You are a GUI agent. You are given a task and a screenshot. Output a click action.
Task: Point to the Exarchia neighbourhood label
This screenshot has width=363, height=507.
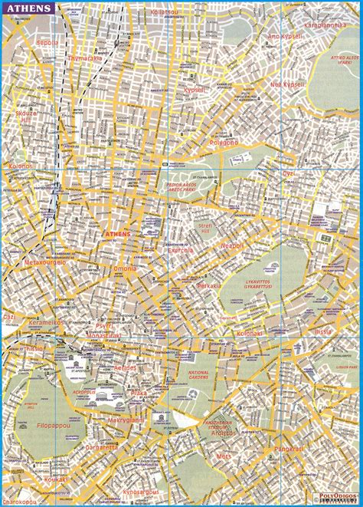click(181, 250)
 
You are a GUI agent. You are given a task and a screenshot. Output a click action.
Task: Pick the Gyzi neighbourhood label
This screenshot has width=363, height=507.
click(289, 173)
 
